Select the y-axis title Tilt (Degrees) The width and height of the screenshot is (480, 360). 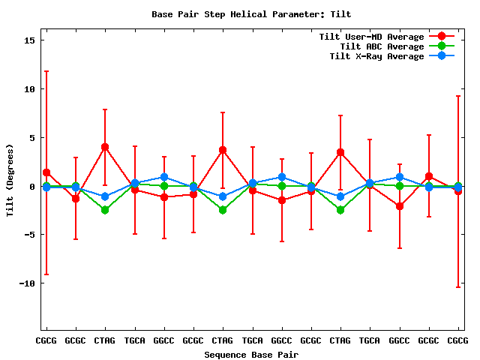pos(10,181)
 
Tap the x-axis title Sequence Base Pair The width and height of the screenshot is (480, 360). pos(251,354)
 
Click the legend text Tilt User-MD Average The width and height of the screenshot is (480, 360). pos(371,37)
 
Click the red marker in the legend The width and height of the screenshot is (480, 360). pos(442,37)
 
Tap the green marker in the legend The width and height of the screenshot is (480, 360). pos(442,46)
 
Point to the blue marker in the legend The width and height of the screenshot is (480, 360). pos(442,56)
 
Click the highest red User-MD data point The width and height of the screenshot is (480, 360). pos(105,147)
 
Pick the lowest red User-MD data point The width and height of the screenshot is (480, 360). pos(400,205)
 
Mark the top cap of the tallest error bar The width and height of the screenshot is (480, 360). pos(46,71)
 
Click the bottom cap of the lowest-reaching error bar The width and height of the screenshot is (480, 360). pos(458,287)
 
